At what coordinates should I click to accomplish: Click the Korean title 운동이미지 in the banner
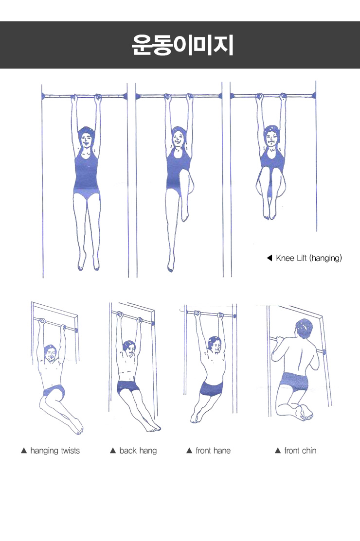[x=182, y=45]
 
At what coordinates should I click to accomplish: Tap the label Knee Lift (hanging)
[x=309, y=258]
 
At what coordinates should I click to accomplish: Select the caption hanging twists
[x=55, y=451]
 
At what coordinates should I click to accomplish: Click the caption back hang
[x=138, y=451]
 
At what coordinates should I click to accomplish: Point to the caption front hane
[x=213, y=451]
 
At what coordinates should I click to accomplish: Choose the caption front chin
[x=300, y=451]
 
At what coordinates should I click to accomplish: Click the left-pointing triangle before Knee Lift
[x=270, y=258]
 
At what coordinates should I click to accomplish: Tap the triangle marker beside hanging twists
[x=24, y=451]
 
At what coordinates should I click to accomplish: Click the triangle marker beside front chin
[x=277, y=451]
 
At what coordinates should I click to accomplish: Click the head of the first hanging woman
[x=86, y=138]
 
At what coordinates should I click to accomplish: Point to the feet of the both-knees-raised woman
[x=270, y=214]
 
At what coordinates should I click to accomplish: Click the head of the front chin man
[x=304, y=330]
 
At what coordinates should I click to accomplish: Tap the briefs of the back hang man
[x=128, y=387]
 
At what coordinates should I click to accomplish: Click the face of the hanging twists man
[x=51, y=354]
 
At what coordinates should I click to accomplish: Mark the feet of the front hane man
[x=196, y=417]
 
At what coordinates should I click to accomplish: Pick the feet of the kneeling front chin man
[x=305, y=412]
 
